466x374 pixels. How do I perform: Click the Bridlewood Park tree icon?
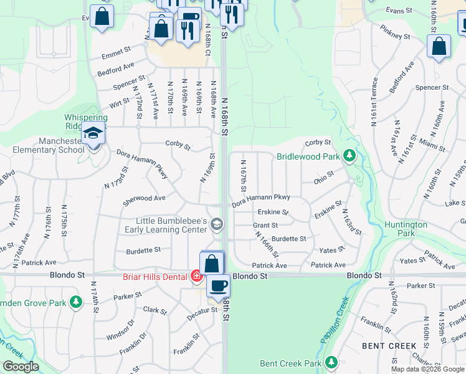pos(349,155)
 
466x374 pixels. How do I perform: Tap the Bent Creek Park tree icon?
pos(331,362)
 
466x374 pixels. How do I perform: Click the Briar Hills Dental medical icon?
pos(196,276)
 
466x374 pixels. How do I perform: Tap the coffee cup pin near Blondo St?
pos(218,286)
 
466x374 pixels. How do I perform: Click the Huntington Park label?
pos(406,229)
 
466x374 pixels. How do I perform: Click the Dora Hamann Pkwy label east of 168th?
pos(261,201)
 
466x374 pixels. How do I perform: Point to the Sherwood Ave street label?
pos(144,198)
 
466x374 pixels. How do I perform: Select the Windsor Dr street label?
pos(123,330)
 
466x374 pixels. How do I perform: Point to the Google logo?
pos(21,367)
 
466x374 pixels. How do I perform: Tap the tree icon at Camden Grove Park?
pos(76,302)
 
